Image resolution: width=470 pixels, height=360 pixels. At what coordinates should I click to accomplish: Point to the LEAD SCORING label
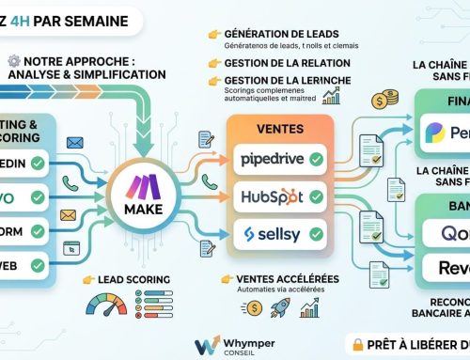coord(133,279)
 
